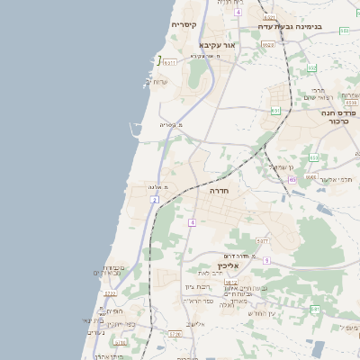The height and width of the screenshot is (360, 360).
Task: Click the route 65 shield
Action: point(292,180)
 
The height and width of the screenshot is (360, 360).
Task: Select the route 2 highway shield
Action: point(155,199)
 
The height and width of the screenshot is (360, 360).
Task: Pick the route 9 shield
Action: point(266,260)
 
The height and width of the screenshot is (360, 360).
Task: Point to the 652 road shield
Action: point(313,67)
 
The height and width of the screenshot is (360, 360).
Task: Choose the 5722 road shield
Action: point(110,293)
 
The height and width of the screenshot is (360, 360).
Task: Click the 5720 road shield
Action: point(175,333)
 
